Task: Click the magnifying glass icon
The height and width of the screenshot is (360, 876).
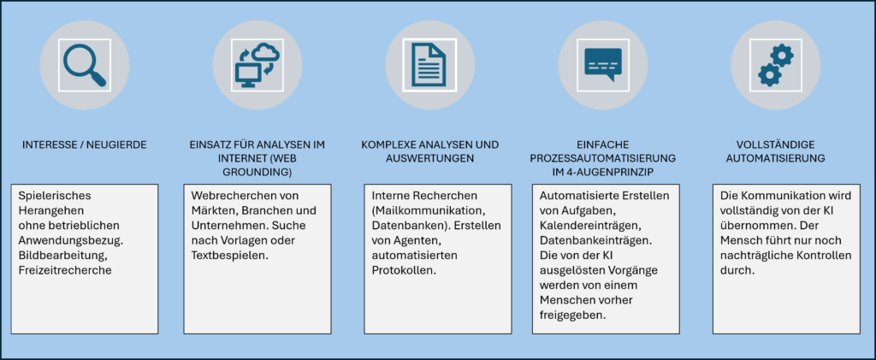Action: [x=84, y=65]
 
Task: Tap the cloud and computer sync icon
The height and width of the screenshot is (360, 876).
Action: [x=257, y=65]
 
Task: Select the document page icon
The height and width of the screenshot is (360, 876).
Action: [x=429, y=65]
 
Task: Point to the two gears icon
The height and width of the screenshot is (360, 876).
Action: [x=775, y=65]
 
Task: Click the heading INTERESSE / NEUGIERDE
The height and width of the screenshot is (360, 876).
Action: [x=85, y=145]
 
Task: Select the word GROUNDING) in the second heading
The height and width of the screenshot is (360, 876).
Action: [x=257, y=172]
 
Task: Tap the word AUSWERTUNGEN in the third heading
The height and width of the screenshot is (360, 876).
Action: [x=429, y=158]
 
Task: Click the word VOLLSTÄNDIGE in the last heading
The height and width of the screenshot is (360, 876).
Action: [x=775, y=145]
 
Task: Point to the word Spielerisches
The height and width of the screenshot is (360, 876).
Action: [x=55, y=197]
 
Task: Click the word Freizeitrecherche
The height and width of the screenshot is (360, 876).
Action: [x=65, y=270]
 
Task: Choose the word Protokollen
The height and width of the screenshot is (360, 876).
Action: [x=404, y=269]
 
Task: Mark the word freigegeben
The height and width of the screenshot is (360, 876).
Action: [x=572, y=314]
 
